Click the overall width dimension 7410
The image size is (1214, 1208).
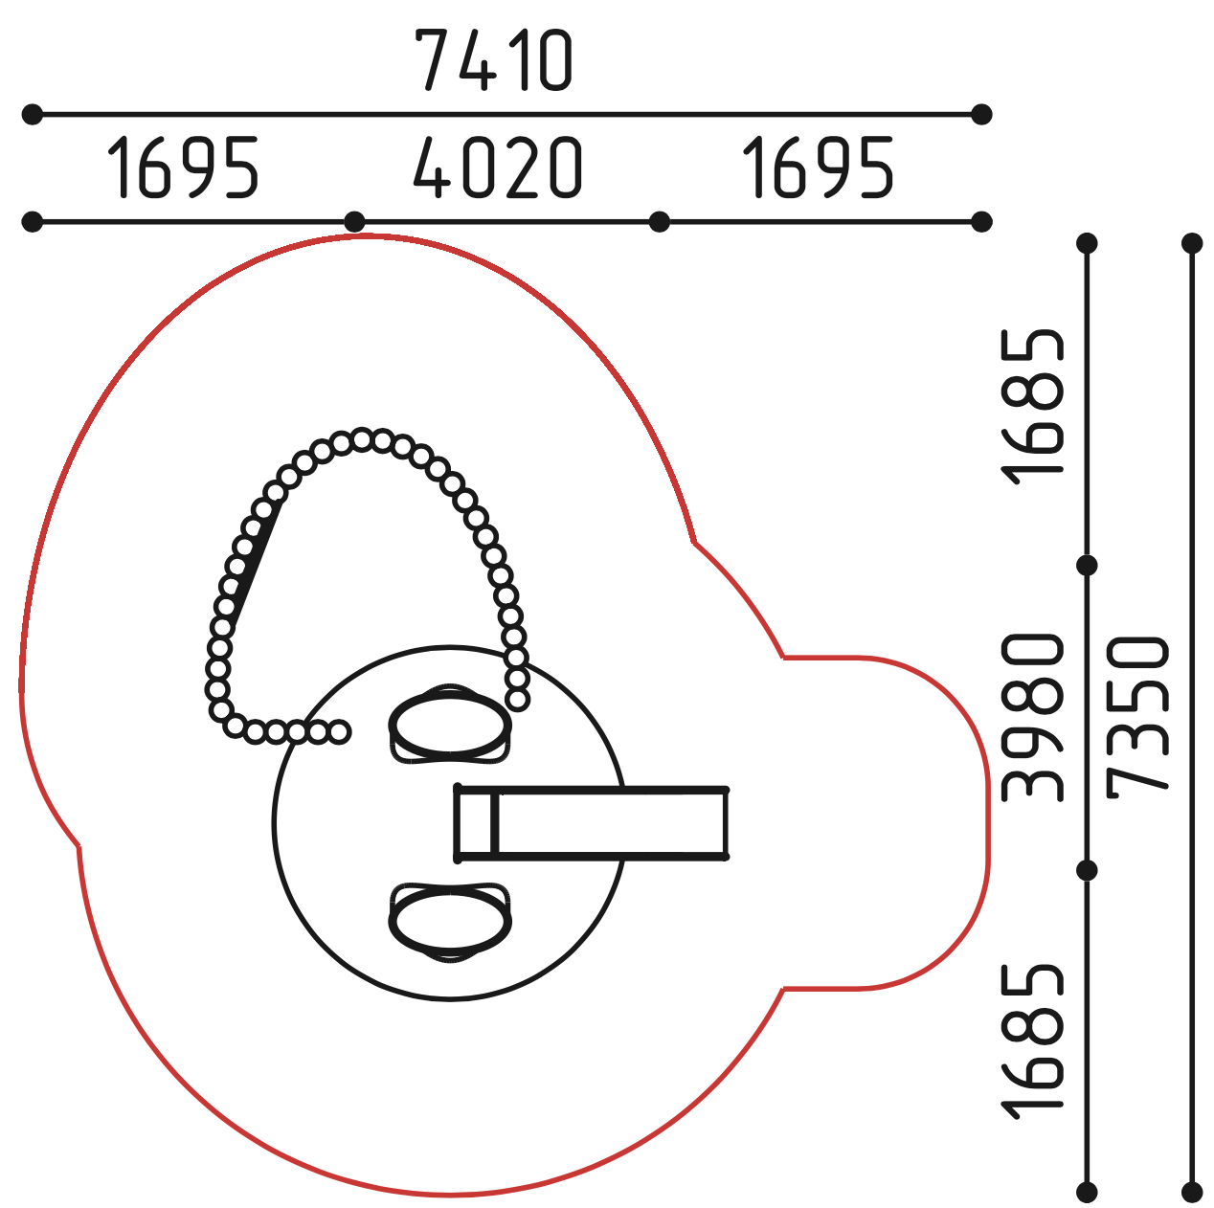(x=494, y=60)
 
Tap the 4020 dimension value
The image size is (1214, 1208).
(x=498, y=168)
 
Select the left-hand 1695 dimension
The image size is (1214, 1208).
(x=183, y=168)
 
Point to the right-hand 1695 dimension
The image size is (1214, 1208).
(x=818, y=168)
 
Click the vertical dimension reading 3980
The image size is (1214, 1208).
(x=1031, y=718)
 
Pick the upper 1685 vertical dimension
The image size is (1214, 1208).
(x=1031, y=407)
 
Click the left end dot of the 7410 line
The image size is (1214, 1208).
(x=33, y=115)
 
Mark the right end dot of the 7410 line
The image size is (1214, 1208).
(x=981, y=115)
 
